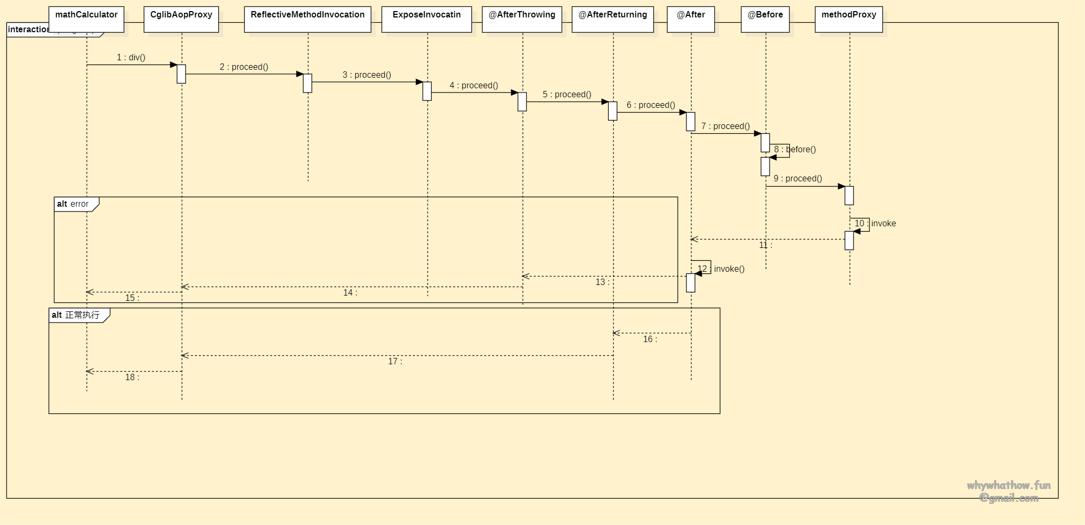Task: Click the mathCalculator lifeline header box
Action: pyautogui.click(x=86, y=19)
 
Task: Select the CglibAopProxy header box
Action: pyautogui.click(x=181, y=19)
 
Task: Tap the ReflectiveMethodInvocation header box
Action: pyautogui.click(x=308, y=19)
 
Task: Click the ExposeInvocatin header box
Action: pyautogui.click(x=426, y=19)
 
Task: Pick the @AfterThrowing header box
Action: pyautogui.click(x=522, y=19)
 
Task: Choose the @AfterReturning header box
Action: pyautogui.click(x=613, y=19)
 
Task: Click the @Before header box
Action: pyautogui.click(x=765, y=19)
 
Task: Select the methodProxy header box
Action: pyautogui.click(x=849, y=19)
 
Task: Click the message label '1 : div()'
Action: pyautogui.click(x=131, y=58)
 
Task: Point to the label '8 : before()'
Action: pyautogui.click(x=795, y=150)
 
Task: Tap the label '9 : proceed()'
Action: pyautogui.click(x=797, y=179)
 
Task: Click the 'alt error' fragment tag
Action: pyautogui.click(x=74, y=204)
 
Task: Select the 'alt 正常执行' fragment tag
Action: pyautogui.click(x=77, y=315)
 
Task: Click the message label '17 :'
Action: pyautogui.click(x=395, y=362)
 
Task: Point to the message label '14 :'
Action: pyautogui.click(x=350, y=293)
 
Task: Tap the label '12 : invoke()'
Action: pyautogui.click(x=721, y=269)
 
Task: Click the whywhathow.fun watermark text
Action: pyautogui.click(x=1008, y=485)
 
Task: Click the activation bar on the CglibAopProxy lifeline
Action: pyautogui.click(x=181, y=74)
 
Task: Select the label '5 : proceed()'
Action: pyautogui.click(x=567, y=95)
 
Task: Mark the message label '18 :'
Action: pyautogui.click(x=132, y=377)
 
